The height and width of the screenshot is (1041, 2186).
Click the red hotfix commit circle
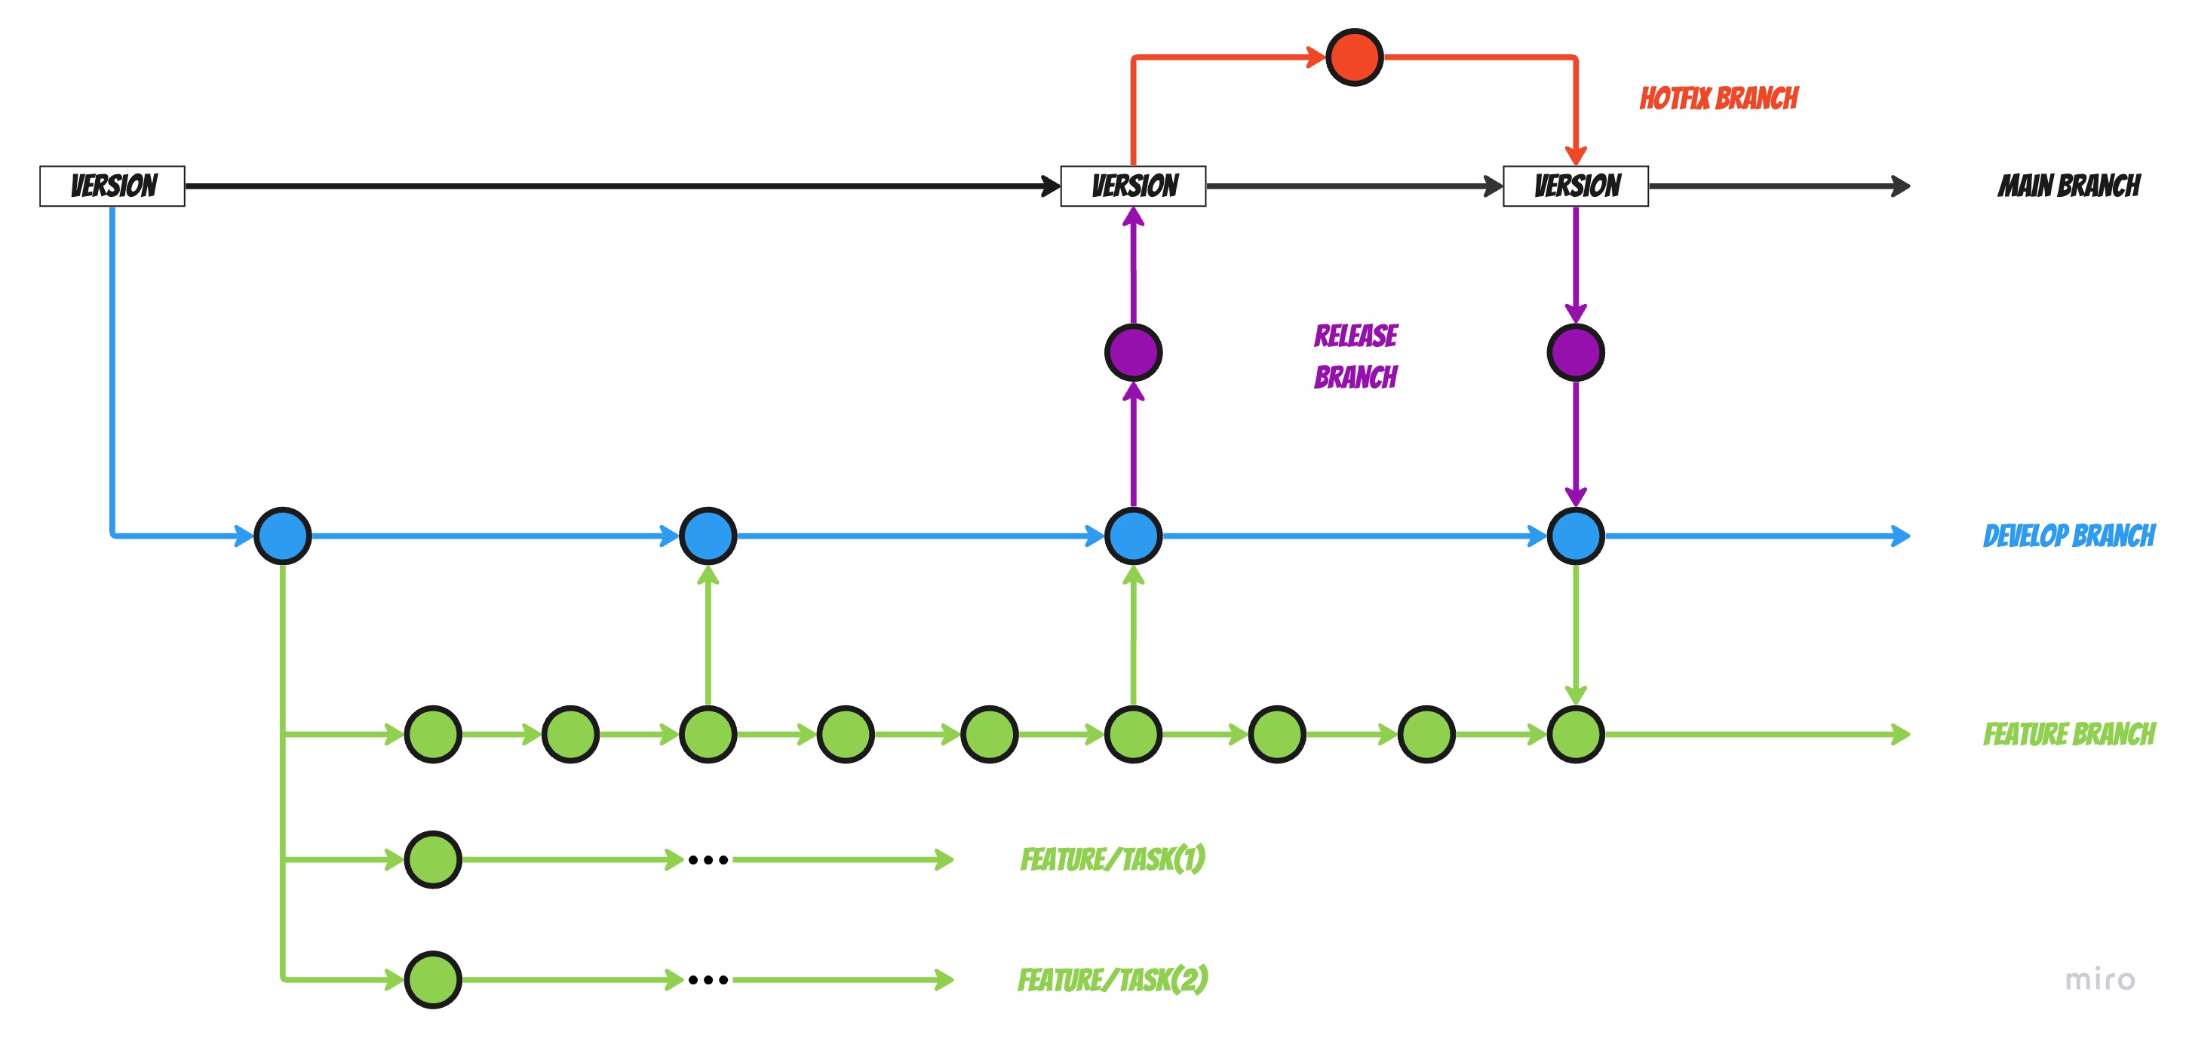coord(1355,57)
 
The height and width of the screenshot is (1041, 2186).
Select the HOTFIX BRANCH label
coord(1718,98)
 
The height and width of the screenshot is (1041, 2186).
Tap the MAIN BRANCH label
coord(2069,186)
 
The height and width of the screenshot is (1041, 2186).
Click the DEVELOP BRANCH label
coord(2069,536)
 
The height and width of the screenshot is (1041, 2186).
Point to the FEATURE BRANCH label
coord(2069,734)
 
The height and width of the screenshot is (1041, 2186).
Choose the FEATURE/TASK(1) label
coord(1113,859)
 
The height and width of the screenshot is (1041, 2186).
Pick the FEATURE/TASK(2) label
coord(1113,980)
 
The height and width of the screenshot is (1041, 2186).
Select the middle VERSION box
coord(1133,186)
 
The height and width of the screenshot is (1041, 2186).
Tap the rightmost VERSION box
coord(1576,186)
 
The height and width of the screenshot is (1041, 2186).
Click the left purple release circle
coord(1133,352)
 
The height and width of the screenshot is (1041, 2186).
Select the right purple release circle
coord(1576,352)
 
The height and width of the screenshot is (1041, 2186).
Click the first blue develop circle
coord(283,536)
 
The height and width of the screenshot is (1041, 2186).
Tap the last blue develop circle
coord(1576,536)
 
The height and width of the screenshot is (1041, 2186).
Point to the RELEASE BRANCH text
coord(1356,356)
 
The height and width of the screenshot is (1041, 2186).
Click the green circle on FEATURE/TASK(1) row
coord(433,859)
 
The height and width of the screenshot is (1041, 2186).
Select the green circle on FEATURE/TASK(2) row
coord(433,980)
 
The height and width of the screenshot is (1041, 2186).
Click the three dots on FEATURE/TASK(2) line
coord(708,980)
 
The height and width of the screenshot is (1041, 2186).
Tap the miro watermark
coord(2099,980)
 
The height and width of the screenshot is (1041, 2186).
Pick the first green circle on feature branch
coord(433,734)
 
